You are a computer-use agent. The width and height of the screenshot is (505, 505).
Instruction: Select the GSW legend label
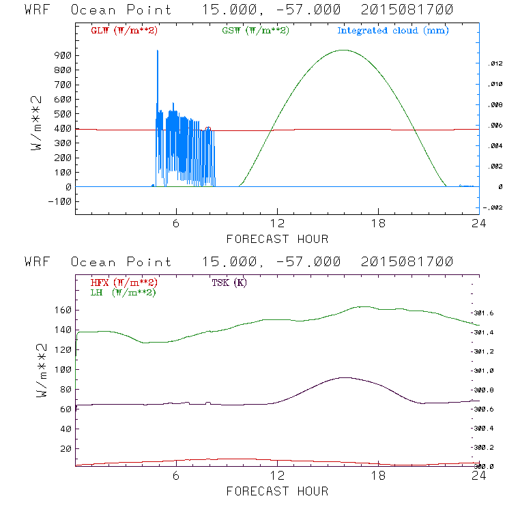(x=255, y=31)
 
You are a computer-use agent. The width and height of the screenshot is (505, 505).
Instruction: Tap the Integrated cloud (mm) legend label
(x=393, y=31)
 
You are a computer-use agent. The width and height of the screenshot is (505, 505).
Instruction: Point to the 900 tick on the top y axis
(x=59, y=56)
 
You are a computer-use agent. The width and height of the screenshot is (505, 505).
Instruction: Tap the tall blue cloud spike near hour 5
(x=158, y=51)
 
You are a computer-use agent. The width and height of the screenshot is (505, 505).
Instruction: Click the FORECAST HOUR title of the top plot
(x=277, y=239)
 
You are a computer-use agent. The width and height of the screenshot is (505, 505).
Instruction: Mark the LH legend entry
(x=123, y=292)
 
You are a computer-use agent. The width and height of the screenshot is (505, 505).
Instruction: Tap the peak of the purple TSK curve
(x=345, y=377)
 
